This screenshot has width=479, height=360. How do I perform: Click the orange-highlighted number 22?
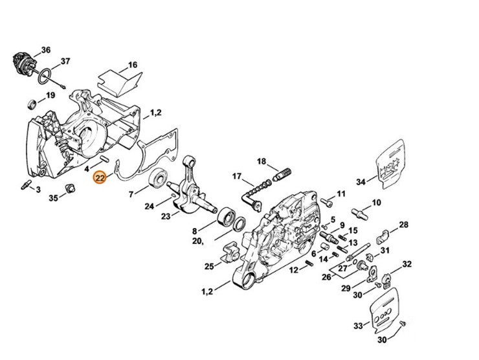coord(100,178)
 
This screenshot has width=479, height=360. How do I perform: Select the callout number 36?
coord(45,50)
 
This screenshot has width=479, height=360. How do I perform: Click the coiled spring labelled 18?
coord(282,173)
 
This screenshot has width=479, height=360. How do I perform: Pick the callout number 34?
coord(361,182)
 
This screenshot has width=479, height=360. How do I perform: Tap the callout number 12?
coord(293,269)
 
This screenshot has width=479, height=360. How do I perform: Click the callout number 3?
coord(38,189)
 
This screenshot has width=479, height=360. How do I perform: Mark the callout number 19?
coord(50,96)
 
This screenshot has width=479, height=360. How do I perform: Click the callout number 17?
coord(237,176)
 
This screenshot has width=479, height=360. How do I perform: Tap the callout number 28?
coord(403,225)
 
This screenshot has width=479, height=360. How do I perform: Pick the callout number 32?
coord(407,264)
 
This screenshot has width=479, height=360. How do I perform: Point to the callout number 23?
coord(165,216)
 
